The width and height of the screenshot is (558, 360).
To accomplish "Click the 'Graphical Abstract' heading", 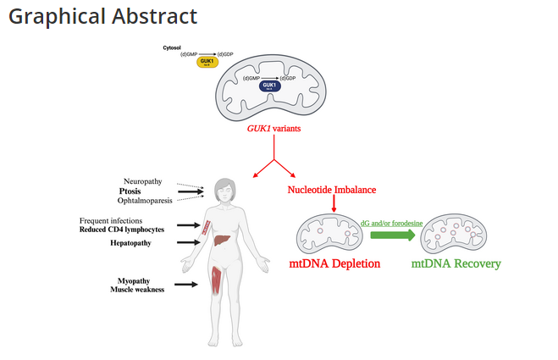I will [x=102, y=16].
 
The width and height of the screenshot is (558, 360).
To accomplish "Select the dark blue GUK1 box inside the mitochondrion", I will [x=270, y=86].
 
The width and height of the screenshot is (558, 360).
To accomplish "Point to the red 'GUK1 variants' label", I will [x=274, y=129].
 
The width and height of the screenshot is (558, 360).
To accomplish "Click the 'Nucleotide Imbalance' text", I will [x=332, y=190].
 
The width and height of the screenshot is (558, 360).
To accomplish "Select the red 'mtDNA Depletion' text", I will [x=335, y=263].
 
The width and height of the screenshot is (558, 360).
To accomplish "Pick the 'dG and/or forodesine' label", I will [x=393, y=221].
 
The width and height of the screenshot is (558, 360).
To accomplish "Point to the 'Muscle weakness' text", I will [x=137, y=290].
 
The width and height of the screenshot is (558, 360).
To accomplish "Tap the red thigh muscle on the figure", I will [x=218, y=281].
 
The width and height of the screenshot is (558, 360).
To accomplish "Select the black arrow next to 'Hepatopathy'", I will [x=188, y=242].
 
